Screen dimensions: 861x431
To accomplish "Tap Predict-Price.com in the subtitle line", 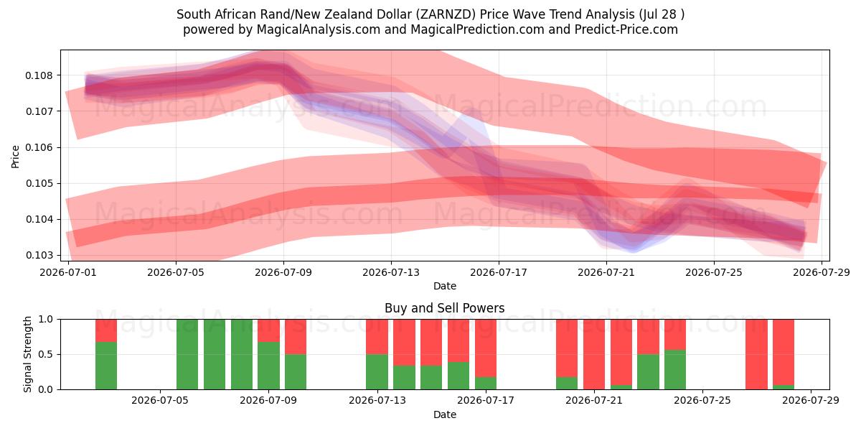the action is coord(626,29).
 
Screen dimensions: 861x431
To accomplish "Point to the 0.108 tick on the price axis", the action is coord(39,75).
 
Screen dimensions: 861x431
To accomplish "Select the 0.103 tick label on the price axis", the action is coord(39,256).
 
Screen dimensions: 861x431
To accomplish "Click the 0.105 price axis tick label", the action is coord(39,184).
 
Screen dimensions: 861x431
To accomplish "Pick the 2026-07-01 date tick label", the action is coord(68,272).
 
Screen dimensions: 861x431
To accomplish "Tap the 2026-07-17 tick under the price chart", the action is coord(499,272).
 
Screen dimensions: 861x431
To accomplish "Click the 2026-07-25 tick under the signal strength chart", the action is coord(702,401).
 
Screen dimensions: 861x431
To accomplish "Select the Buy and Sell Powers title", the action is coord(445,308).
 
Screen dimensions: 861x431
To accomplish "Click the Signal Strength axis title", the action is coord(27,354).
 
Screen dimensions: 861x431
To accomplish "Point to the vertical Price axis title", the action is coord(15,157).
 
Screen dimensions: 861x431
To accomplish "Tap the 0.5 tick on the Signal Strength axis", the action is coord(46,354).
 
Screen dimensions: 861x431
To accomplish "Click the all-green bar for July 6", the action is coord(187,354).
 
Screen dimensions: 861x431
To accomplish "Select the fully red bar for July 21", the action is coord(594,354).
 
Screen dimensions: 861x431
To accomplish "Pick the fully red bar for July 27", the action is coord(756,354).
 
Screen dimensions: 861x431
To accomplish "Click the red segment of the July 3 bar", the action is coord(106,330).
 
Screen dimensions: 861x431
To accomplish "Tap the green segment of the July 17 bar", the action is coord(486,384).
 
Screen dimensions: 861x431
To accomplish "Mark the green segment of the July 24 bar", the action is coord(675,370).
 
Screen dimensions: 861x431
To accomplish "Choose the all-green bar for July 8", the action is coord(242,354).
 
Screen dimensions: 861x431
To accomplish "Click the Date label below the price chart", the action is coord(445,287).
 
